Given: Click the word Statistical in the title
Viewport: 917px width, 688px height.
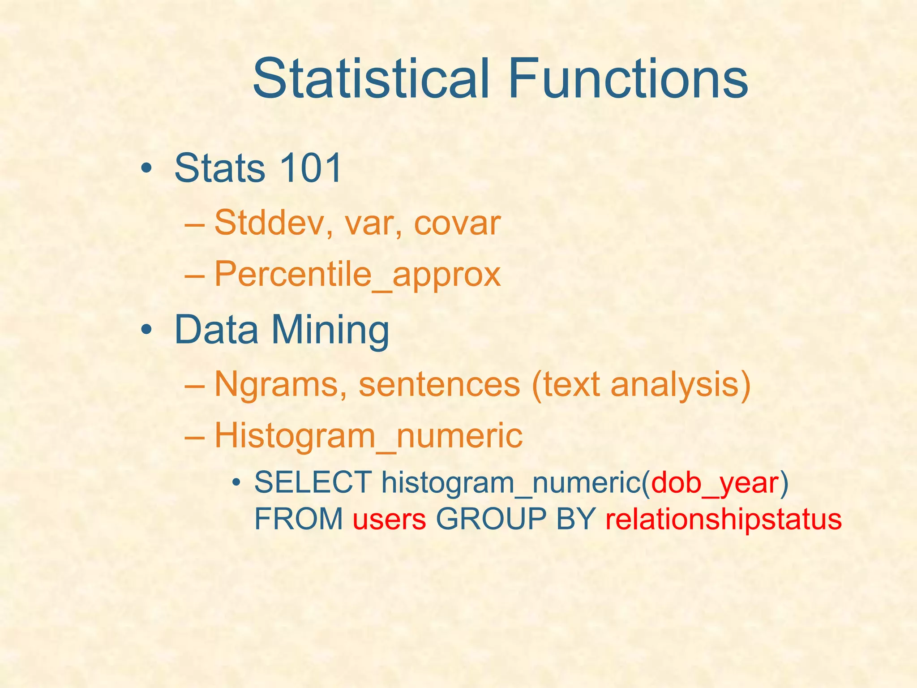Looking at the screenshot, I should click(x=371, y=79).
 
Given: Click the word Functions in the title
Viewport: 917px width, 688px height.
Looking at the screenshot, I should click(x=628, y=79).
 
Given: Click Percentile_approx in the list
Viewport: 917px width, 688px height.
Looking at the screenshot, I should click(x=357, y=274).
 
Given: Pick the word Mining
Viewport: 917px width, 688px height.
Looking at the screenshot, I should click(x=330, y=330).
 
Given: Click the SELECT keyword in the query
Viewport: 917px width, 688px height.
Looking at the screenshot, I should click(x=313, y=483).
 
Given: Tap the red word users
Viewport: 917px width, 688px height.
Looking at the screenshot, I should click(x=389, y=520).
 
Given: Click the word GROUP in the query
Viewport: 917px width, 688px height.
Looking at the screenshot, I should click(x=491, y=520).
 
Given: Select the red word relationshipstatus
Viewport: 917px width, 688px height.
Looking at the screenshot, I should click(x=723, y=520).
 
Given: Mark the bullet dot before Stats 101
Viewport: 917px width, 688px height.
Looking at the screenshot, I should click(x=146, y=169).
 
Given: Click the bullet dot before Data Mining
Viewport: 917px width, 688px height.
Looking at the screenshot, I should click(x=146, y=331).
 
